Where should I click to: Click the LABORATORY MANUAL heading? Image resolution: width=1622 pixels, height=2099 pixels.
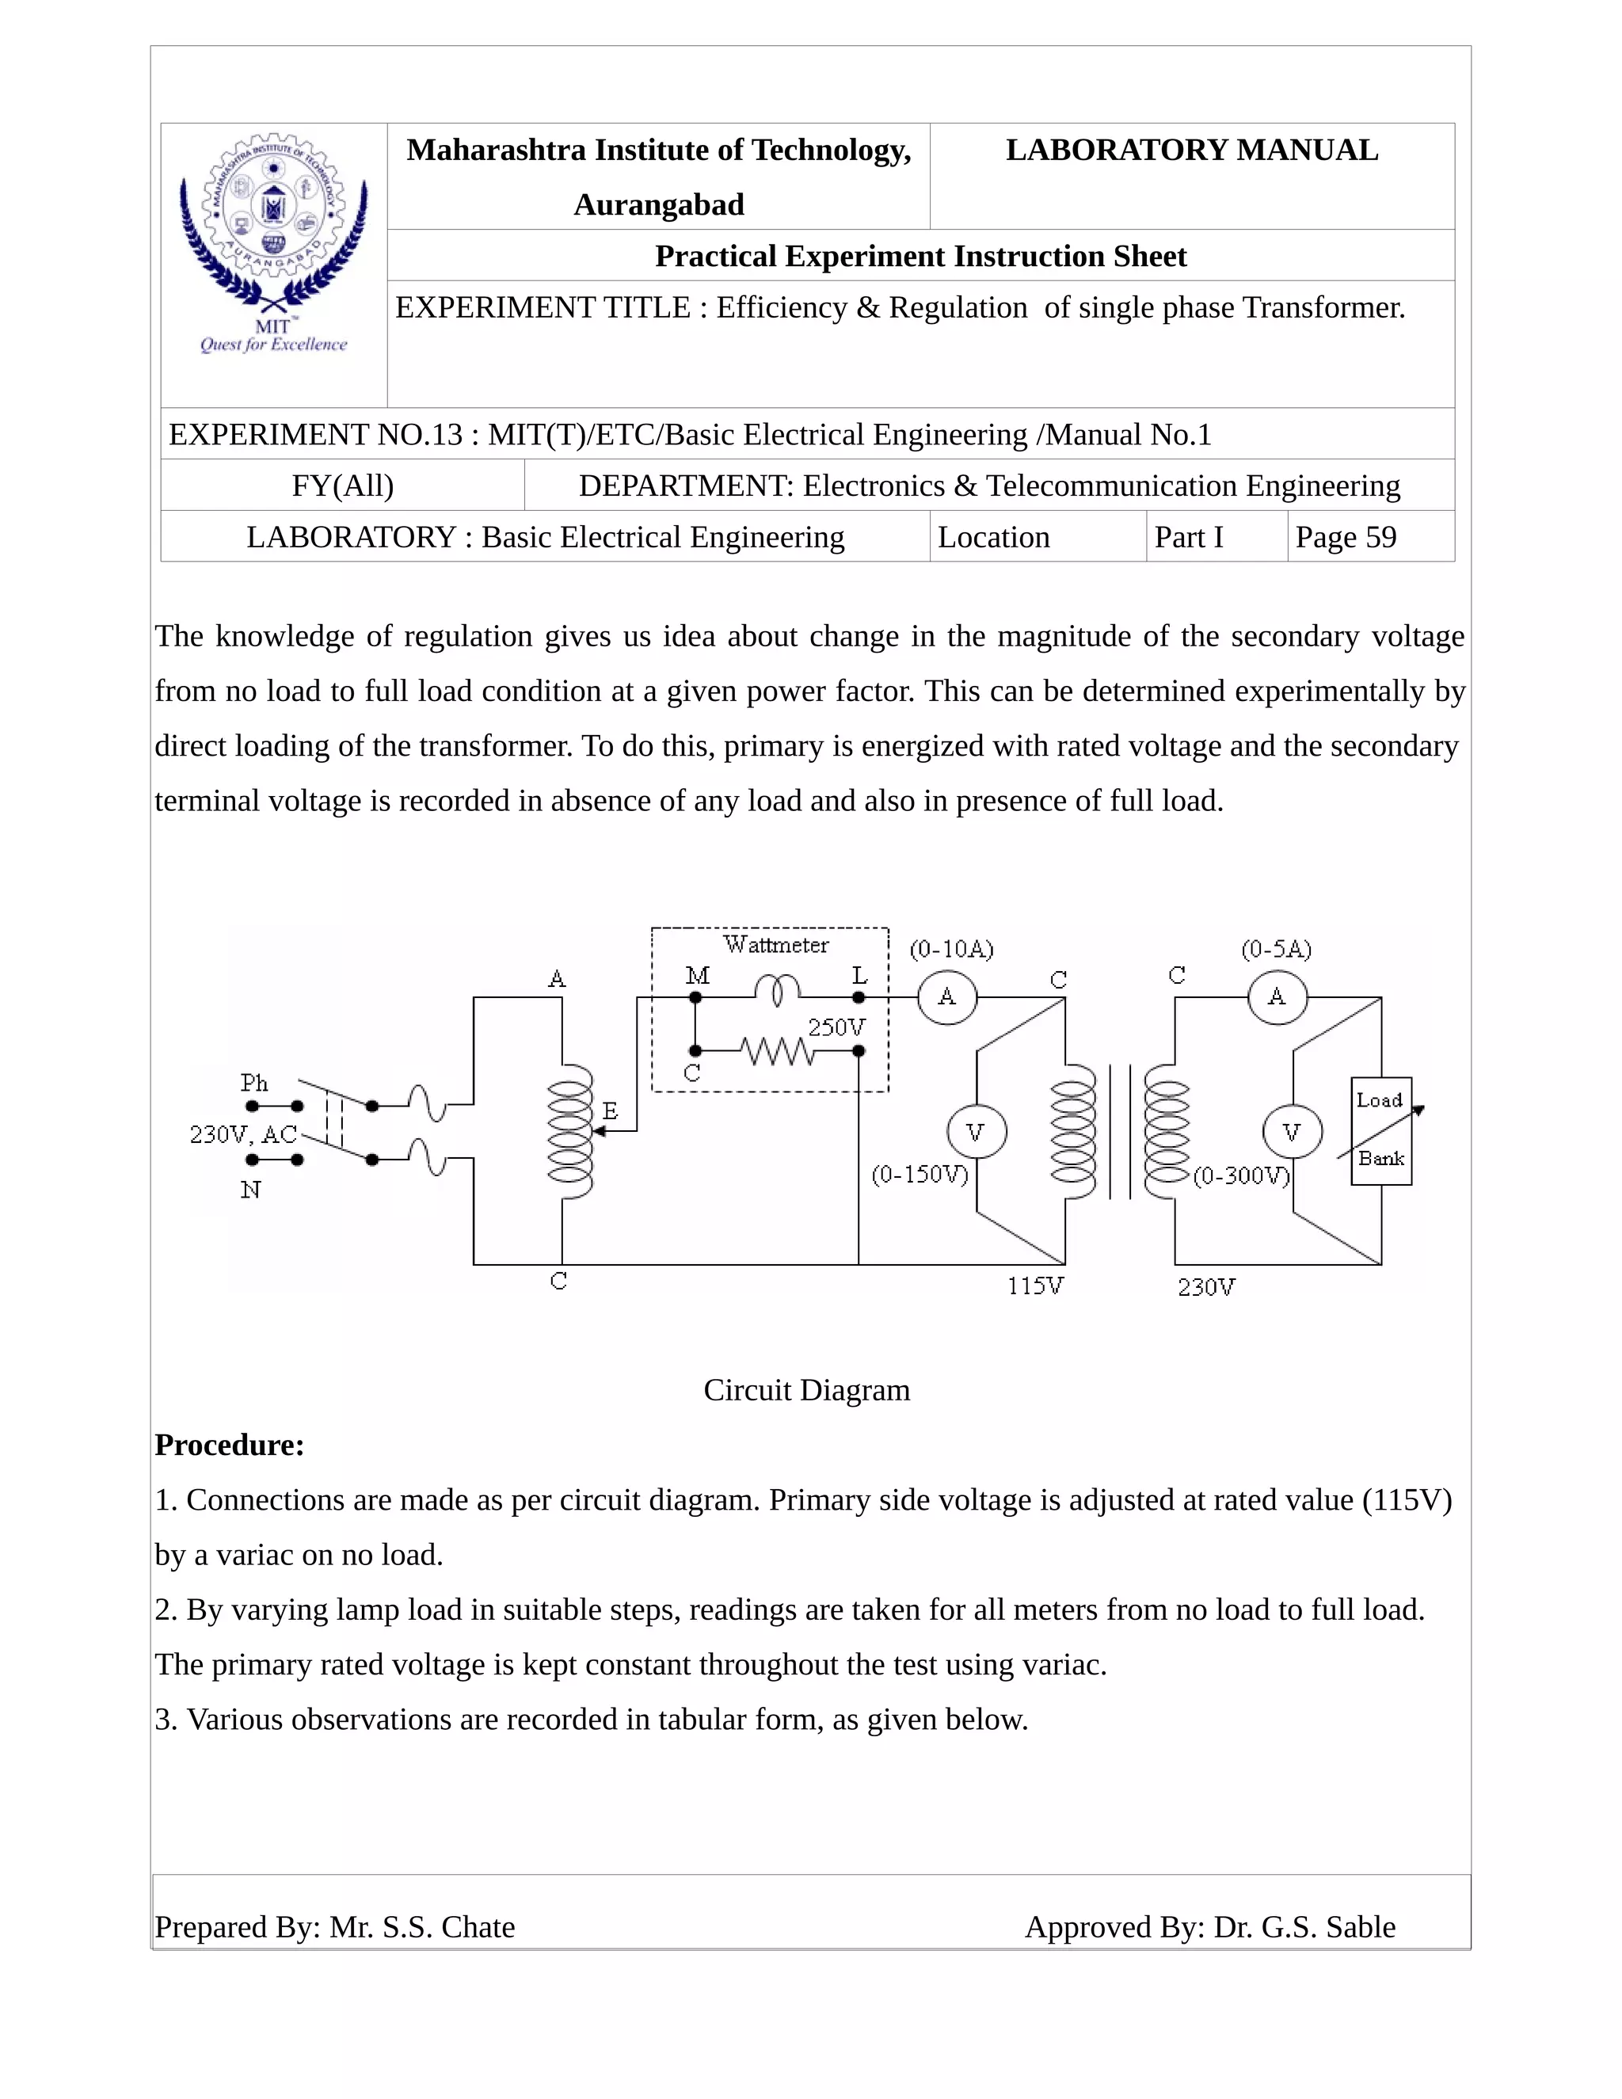pyautogui.click(x=1191, y=150)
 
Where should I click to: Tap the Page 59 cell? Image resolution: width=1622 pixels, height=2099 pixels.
pyautogui.click(x=1346, y=537)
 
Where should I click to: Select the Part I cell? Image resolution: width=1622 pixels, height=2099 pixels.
pyautogui.click(x=1189, y=537)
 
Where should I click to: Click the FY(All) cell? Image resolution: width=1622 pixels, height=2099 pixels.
pyautogui.click(x=343, y=486)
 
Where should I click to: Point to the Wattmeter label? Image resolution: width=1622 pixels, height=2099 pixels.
pyautogui.click(x=775, y=945)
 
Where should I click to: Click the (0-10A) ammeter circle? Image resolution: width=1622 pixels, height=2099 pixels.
pyautogui.click(x=947, y=996)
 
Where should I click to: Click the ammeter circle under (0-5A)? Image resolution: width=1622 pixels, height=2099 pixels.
pyautogui.click(x=1277, y=996)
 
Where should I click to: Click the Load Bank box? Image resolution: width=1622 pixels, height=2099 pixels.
pyautogui.click(x=1380, y=1130)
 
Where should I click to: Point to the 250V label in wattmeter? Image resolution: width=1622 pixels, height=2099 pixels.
pyautogui.click(x=836, y=1027)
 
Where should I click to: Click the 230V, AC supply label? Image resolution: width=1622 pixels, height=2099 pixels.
pyautogui.click(x=243, y=1135)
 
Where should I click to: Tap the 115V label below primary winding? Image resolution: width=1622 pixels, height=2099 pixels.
pyautogui.click(x=1035, y=1286)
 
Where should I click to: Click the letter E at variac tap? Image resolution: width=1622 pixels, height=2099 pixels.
pyautogui.click(x=610, y=1112)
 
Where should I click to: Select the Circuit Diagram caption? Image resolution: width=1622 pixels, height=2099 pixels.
pyautogui.click(x=806, y=1390)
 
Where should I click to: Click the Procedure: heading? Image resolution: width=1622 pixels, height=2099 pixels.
pyautogui.click(x=230, y=1446)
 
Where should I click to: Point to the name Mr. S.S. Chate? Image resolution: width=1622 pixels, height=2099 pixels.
pyautogui.click(x=422, y=1927)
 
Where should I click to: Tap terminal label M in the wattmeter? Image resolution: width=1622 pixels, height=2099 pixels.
pyautogui.click(x=698, y=977)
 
